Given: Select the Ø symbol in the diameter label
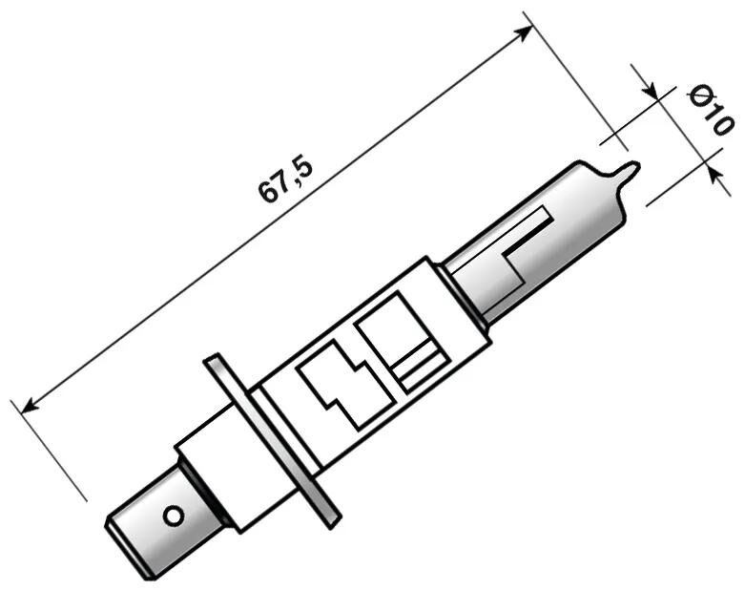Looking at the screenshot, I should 700,95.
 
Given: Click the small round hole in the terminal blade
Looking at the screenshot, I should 173,516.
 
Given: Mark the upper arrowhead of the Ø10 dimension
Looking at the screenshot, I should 652,94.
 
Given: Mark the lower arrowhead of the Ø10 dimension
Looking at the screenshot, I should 711,168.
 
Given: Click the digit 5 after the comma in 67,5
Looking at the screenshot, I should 303,165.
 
